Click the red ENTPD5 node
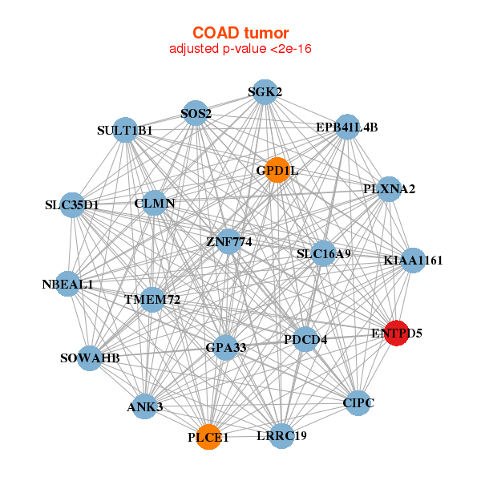[x=397, y=333]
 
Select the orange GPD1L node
[x=277, y=170]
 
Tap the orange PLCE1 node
[x=208, y=437]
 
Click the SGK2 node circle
[x=265, y=92]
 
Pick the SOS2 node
[x=195, y=115]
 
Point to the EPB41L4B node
[x=346, y=127]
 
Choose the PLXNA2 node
[x=389, y=189]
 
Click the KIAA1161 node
[x=412, y=260]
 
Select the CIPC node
[x=358, y=402]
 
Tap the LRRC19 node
[x=281, y=435]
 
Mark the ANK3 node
[x=145, y=406]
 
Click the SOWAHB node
[x=91, y=358]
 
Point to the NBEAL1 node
[x=68, y=284]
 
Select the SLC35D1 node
[x=72, y=204]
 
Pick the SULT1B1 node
[x=125, y=130]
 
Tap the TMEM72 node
[x=152, y=300]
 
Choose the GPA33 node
[x=226, y=347]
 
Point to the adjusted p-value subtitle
[x=240, y=49]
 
